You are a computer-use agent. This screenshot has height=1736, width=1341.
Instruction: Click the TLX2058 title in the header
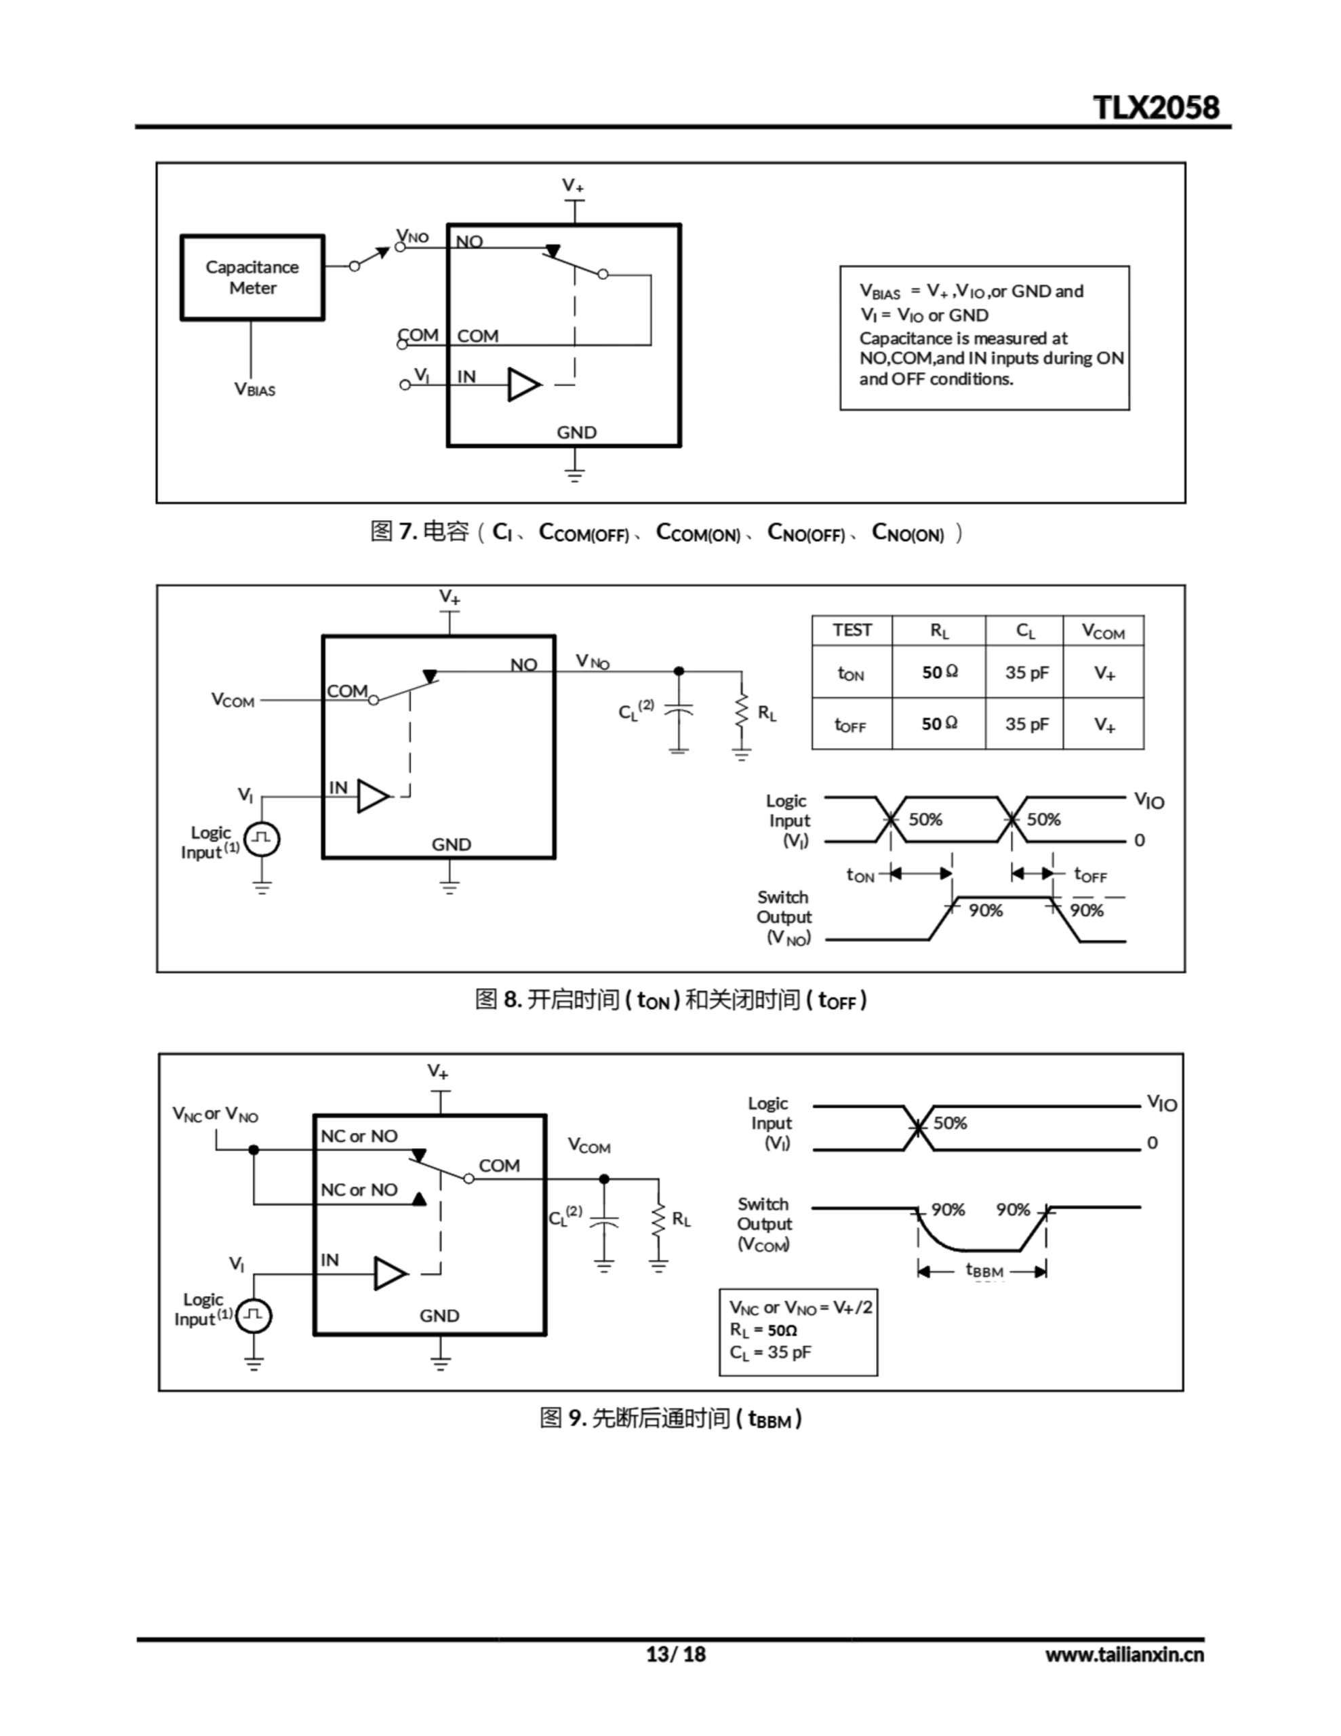click(1155, 107)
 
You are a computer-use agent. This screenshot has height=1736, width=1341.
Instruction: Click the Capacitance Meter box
click(252, 277)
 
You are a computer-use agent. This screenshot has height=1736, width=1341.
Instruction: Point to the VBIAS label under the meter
click(254, 389)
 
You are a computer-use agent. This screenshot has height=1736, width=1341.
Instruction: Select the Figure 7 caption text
click(666, 532)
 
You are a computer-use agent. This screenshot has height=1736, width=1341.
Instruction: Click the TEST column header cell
click(852, 631)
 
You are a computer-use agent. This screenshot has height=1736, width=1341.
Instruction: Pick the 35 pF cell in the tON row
click(1026, 673)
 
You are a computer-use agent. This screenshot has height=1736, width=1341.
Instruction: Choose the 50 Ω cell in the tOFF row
click(939, 724)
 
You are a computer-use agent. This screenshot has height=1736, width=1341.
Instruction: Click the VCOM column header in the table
click(1102, 632)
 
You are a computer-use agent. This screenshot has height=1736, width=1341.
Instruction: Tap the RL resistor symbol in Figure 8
click(742, 711)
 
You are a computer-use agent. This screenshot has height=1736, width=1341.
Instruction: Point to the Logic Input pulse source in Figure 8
click(262, 840)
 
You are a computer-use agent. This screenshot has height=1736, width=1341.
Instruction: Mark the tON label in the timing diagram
click(860, 875)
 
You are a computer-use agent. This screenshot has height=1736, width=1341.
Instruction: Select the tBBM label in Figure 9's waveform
click(984, 1270)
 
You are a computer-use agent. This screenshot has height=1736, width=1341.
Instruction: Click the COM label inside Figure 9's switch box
click(498, 1165)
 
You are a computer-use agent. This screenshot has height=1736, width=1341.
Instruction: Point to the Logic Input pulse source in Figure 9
click(254, 1316)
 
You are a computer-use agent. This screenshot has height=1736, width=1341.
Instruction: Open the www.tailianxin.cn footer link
click(1124, 1654)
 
